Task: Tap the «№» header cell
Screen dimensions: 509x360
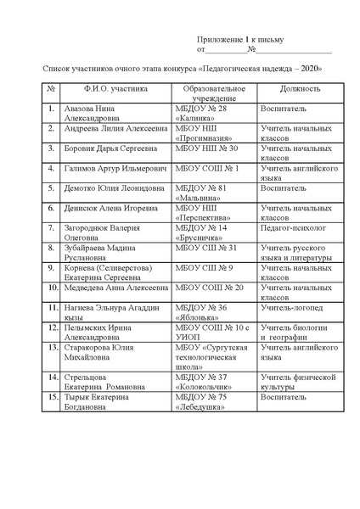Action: (x=51, y=88)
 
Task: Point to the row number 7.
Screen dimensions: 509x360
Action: (x=51, y=228)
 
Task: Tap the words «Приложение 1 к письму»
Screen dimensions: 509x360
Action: (x=241, y=40)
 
